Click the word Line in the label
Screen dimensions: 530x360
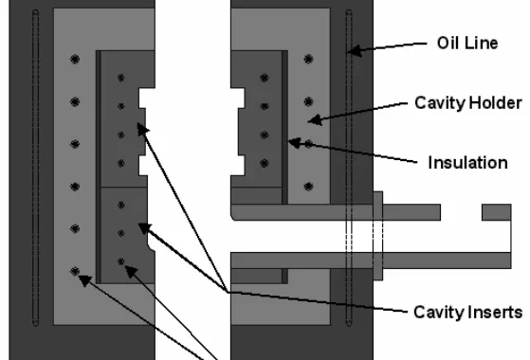pyautogui.click(x=480, y=44)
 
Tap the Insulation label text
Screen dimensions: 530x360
pyautogui.click(x=468, y=163)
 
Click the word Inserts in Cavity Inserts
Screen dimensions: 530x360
pyautogui.click(x=496, y=312)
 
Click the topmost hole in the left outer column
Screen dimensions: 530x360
pyautogui.click(x=75, y=60)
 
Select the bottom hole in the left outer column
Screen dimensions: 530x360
pyautogui.click(x=75, y=271)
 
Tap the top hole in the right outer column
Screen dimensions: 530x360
pyautogui.click(x=308, y=60)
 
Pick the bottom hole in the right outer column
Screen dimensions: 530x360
pyautogui.click(x=308, y=187)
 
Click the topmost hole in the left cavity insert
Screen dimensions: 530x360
pyautogui.click(x=121, y=78)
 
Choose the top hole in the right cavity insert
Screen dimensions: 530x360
pyautogui.click(x=265, y=78)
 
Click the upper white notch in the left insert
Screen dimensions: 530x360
pyautogui.click(x=147, y=98)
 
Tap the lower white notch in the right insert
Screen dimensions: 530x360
pyautogui.click(x=238, y=166)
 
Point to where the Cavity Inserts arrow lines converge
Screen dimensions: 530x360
pyautogui.click(x=228, y=292)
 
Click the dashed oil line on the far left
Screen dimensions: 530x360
pyautogui.click(x=35, y=168)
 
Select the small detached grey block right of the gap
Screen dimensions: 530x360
pyautogui.click(x=496, y=212)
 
